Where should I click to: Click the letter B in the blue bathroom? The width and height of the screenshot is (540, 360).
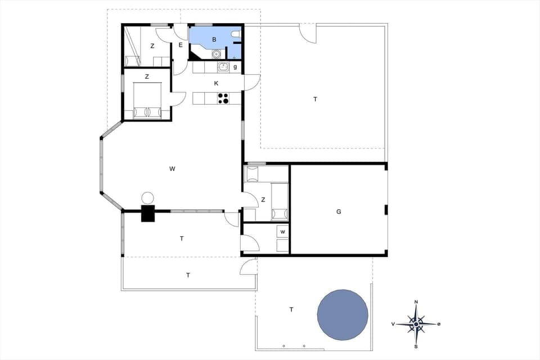point(214,39)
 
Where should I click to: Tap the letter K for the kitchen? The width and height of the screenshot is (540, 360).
point(216,83)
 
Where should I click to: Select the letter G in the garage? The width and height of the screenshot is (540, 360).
point(339,211)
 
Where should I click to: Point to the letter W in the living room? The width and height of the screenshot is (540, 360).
point(172,168)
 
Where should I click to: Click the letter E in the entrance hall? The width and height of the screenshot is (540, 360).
point(181,45)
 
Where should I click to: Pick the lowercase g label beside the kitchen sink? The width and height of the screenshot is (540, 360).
point(235,67)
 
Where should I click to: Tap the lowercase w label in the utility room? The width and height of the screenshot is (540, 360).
point(283,232)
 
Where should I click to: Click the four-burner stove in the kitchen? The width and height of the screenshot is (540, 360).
point(223,98)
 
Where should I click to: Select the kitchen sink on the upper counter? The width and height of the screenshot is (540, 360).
point(223,67)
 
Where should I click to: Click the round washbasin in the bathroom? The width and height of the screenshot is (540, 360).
point(216,55)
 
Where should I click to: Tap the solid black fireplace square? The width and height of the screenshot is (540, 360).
point(147,214)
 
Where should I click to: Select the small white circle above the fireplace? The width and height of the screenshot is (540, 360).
point(147,197)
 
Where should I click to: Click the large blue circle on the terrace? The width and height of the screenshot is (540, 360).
point(343,315)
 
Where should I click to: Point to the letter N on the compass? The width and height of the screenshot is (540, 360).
point(416,303)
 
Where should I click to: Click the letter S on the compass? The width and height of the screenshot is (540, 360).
point(416,346)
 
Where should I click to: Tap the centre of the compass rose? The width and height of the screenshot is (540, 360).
point(416,324)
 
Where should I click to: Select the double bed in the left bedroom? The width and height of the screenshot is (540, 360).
point(147,101)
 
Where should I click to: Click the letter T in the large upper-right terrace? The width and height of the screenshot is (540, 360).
point(315,99)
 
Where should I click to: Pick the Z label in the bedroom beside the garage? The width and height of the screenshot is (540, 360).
point(263,200)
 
